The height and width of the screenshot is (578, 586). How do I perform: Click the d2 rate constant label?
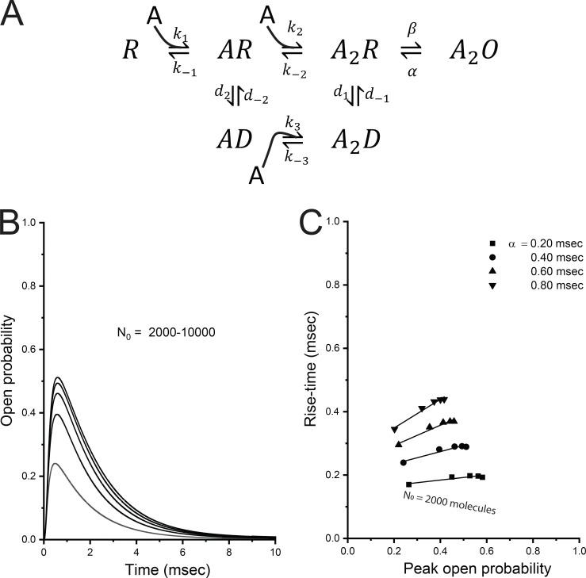[221, 92]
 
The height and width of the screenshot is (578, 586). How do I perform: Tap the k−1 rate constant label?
[184, 68]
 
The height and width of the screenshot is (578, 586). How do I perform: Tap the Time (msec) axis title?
[151, 566]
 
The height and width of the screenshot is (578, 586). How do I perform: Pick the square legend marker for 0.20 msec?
[492, 243]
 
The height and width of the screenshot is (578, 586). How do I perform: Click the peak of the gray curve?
[55, 463]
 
